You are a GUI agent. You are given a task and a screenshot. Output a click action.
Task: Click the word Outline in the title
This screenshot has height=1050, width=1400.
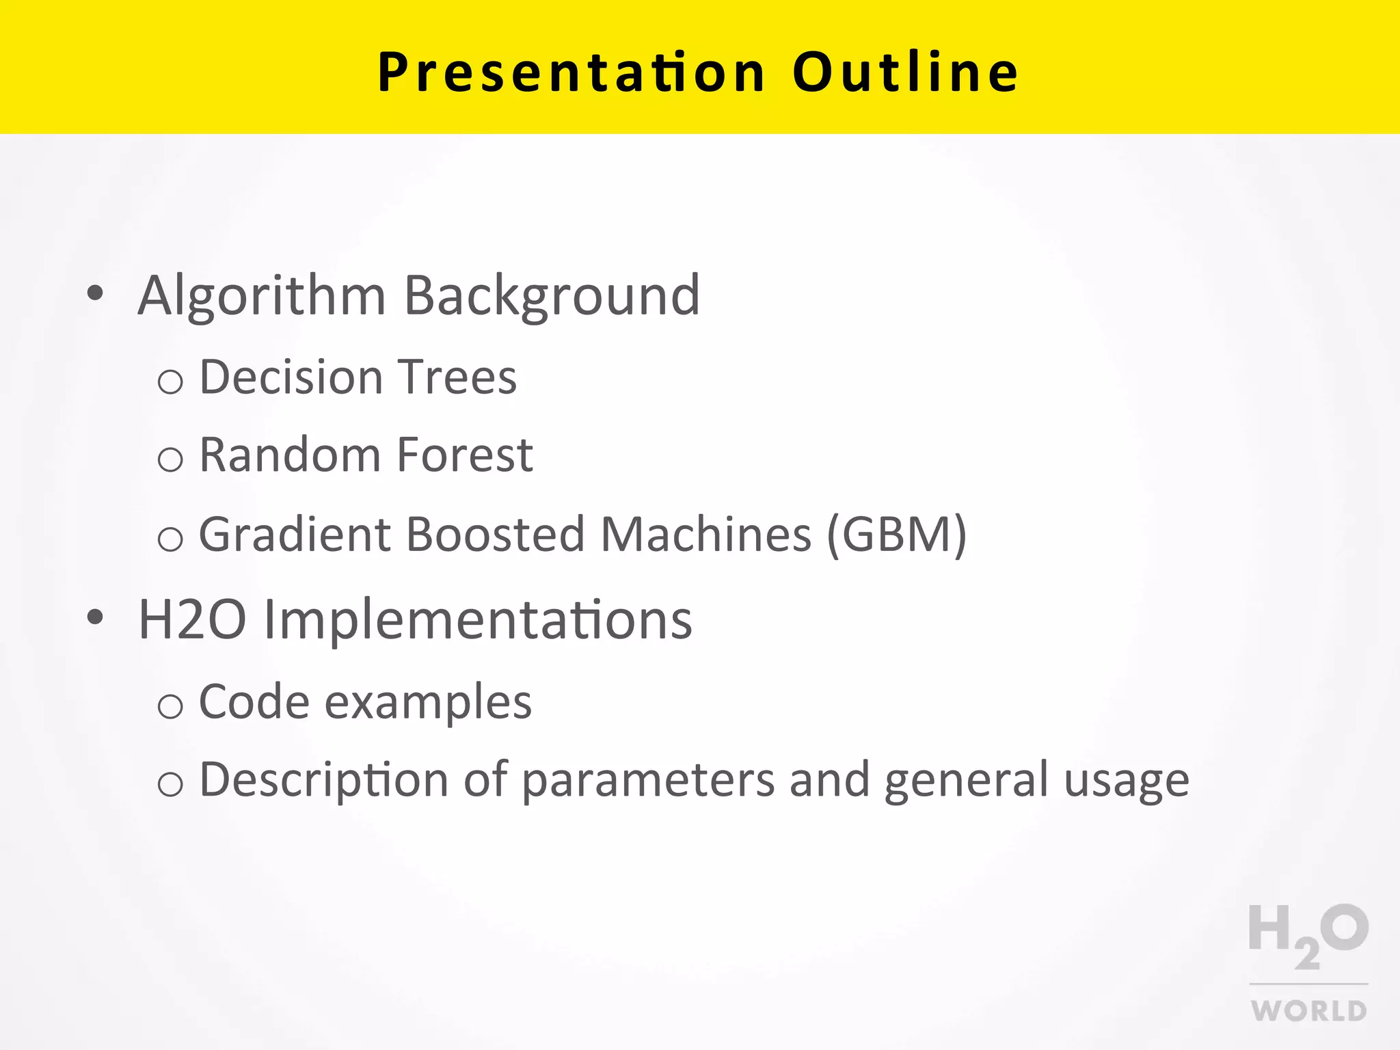pyautogui.click(x=905, y=72)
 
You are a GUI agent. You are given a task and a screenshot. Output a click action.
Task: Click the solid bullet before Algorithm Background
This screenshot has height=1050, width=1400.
pyautogui.click(x=96, y=294)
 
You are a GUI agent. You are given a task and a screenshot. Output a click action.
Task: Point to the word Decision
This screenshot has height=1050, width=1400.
pyautogui.click(x=291, y=377)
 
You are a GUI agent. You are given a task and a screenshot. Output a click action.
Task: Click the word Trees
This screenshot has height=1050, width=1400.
pyautogui.click(x=457, y=377)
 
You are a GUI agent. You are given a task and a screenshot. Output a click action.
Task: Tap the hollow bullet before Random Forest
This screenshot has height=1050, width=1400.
pyautogui.click(x=170, y=459)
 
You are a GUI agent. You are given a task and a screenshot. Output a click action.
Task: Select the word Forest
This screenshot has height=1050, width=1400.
pyautogui.click(x=464, y=455)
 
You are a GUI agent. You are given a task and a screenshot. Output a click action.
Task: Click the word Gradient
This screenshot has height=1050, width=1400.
pyautogui.click(x=294, y=535)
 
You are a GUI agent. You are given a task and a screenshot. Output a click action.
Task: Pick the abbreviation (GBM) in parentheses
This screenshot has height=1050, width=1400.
pyautogui.click(x=896, y=535)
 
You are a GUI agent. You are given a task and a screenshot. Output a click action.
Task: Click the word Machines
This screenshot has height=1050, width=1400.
pyautogui.click(x=705, y=535)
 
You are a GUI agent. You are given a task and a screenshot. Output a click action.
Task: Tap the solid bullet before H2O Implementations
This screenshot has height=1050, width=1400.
pyautogui.click(x=96, y=617)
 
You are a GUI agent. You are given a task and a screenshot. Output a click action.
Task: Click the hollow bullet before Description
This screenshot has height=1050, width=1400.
pyautogui.click(x=170, y=783)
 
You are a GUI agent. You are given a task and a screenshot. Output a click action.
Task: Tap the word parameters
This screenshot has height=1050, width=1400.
pyautogui.click(x=648, y=781)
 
